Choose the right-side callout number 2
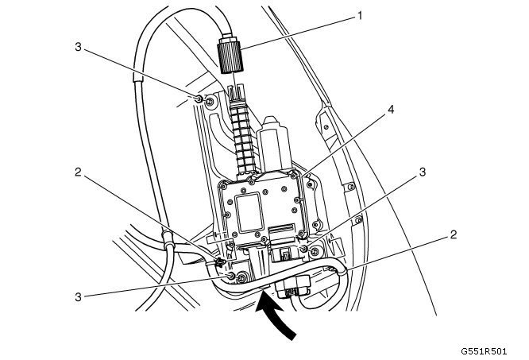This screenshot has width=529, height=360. (x=454, y=234)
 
